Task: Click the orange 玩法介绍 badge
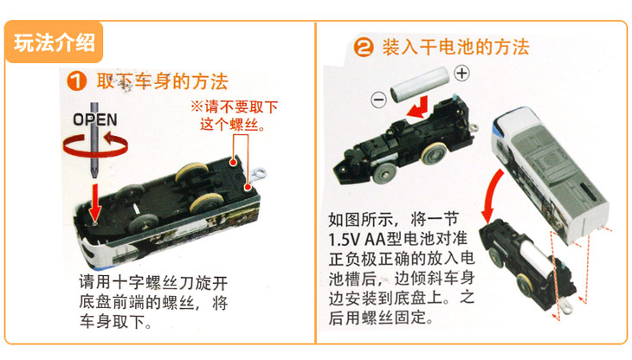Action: tap(54, 42)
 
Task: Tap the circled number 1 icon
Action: tap(76, 81)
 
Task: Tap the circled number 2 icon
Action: tap(364, 47)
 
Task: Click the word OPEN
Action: tap(95, 119)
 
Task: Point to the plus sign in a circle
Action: tap(462, 74)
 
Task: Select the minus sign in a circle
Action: tap(379, 100)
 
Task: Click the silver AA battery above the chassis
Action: tap(419, 84)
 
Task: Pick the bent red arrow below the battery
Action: tap(419, 108)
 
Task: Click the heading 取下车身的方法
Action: tap(163, 81)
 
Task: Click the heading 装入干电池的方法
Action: tap(455, 47)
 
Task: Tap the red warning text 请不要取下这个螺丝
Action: tap(234, 116)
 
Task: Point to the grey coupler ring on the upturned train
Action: tap(258, 174)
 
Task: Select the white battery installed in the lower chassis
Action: tap(536, 255)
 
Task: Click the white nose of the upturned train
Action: tap(94, 250)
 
